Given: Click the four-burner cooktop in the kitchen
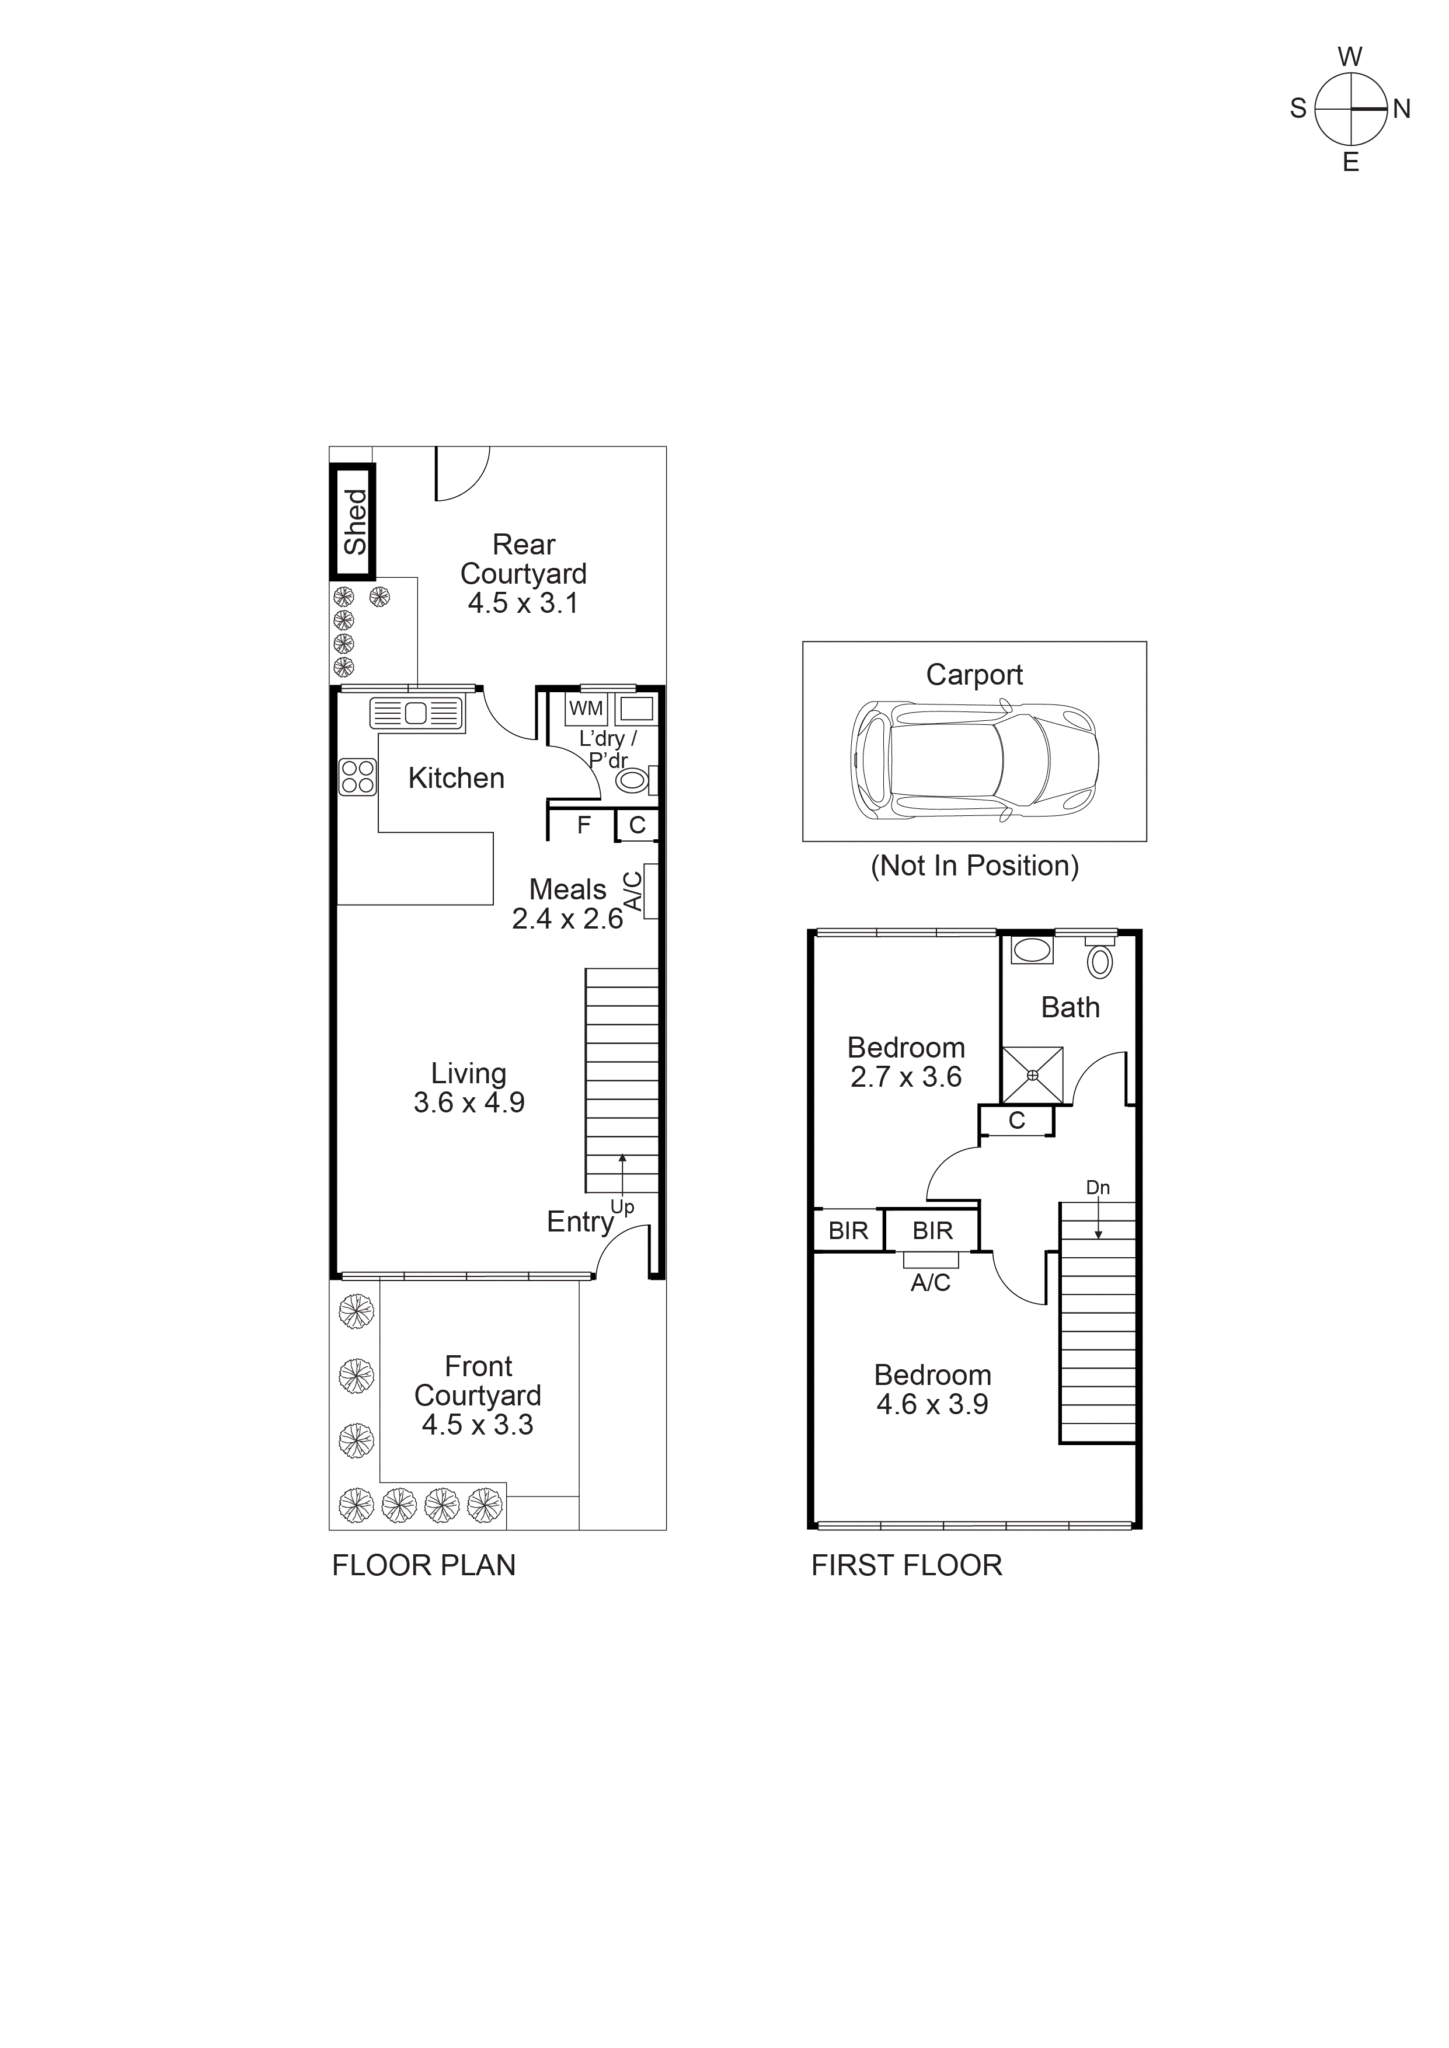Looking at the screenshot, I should click(x=358, y=776).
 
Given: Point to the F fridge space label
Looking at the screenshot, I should click(x=584, y=825).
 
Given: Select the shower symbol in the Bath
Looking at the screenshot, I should click(x=1032, y=1075).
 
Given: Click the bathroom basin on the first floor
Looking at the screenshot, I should click(x=1032, y=950).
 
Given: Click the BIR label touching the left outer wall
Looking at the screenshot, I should click(x=848, y=1231).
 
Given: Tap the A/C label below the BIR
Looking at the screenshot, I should click(x=931, y=1283).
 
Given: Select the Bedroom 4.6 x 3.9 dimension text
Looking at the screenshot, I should click(x=932, y=1404).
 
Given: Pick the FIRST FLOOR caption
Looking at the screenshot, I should click(x=907, y=1565).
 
